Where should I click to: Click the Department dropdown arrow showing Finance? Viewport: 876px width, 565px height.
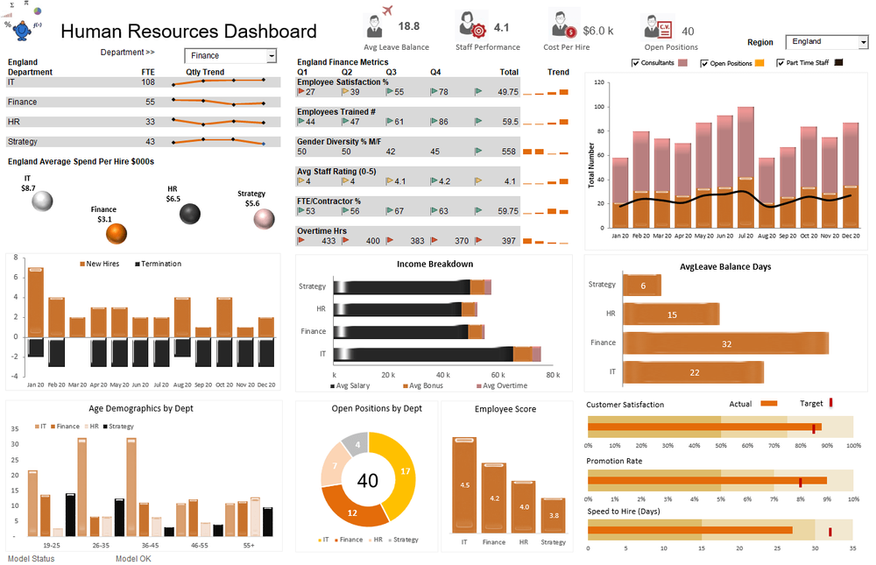click(271, 56)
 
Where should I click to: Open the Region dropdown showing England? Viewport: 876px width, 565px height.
click(863, 42)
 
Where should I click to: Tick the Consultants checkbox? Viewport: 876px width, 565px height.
click(636, 63)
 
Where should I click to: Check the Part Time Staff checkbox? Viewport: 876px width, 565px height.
click(780, 63)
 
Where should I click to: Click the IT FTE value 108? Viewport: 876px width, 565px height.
click(148, 81)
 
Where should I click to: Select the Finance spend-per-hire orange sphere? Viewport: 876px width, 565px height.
click(116, 234)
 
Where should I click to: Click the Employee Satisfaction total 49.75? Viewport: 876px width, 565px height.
click(507, 91)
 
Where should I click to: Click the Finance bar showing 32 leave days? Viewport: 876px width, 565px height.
click(724, 343)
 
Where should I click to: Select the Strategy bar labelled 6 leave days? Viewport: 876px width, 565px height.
click(642, 286)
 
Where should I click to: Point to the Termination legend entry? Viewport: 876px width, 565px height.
click(159, 264)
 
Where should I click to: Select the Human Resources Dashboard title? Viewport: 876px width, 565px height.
click(188, 32)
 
